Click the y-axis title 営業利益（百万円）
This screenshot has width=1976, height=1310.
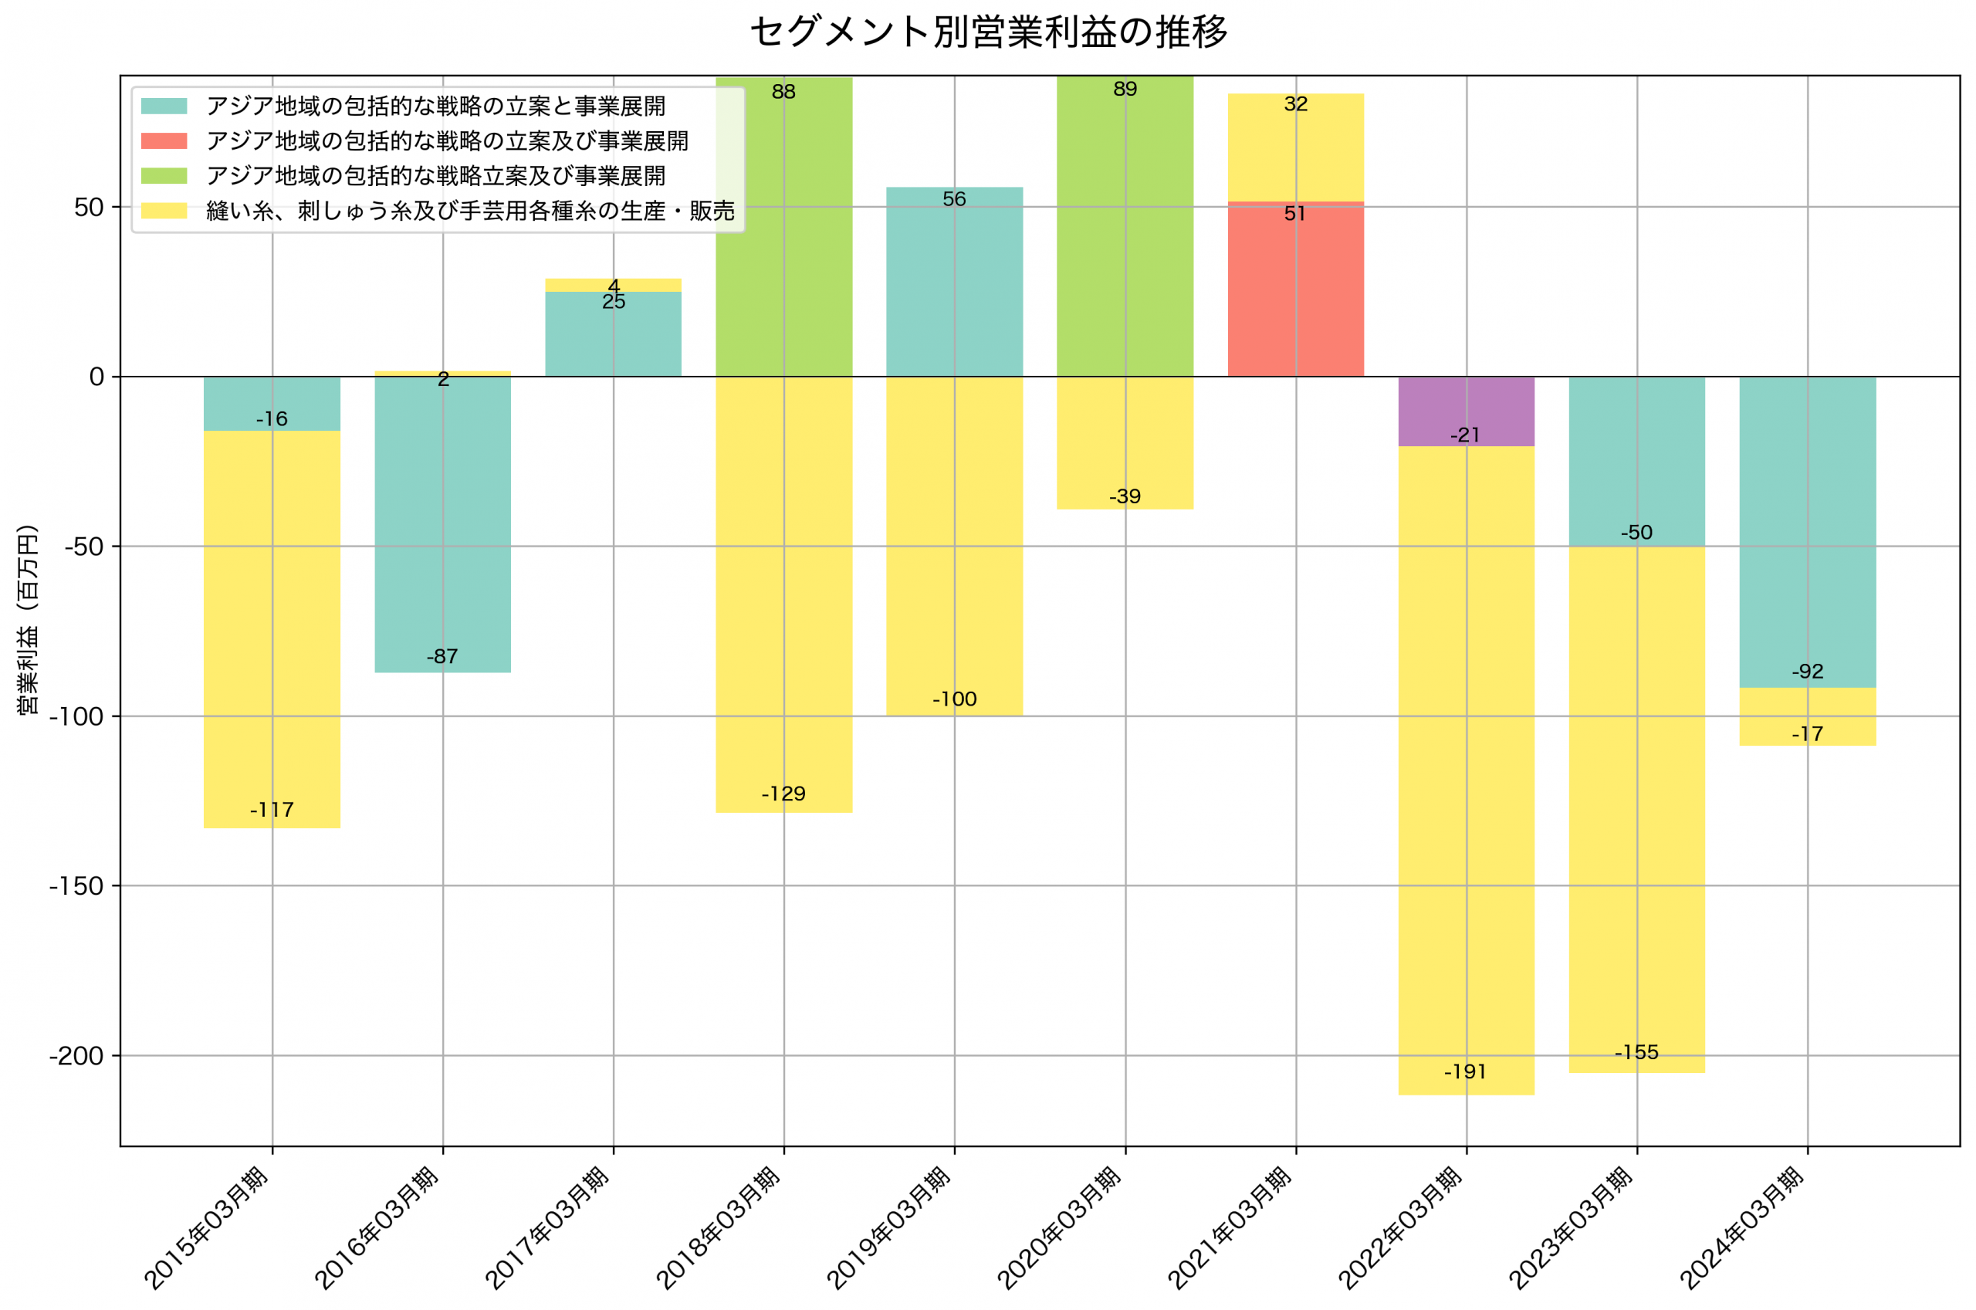pyautogui.click(x=28, y=619)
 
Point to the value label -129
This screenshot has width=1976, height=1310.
pyautogui.click(x=783, y=794)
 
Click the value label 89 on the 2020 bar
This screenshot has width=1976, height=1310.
pyautogui.click(x=1125, y=90)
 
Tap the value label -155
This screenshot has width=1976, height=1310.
pyautogui.click(x=1636, y=1053)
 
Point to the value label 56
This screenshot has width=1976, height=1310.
pyautogui.click(x=954, y=200)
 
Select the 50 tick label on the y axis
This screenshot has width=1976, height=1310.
pyautogui.click(x=89, y=208)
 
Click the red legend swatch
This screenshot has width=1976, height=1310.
pyautogui.click(x=164, y=141)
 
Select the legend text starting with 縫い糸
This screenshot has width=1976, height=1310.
pyautogui.click(x=470, y=212)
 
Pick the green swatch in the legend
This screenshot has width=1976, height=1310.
pyautogui.click(x=164, y=176)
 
